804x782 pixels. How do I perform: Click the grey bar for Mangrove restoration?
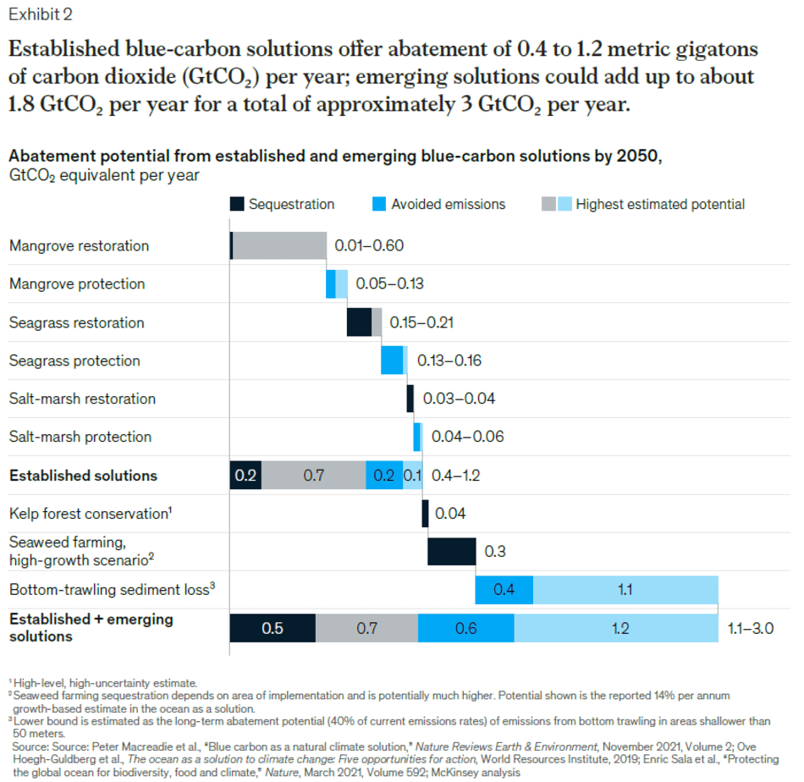[279, 246]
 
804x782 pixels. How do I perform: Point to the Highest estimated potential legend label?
[659, 204]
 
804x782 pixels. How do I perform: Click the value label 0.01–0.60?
[369, 246]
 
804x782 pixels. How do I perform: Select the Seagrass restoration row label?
[77, 322]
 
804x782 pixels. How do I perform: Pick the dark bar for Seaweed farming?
[451, 551]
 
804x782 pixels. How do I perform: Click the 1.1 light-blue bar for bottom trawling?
[625, 590]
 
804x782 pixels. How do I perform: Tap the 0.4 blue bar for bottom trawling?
[504, 590]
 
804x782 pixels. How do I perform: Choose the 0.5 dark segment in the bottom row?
[273, 628]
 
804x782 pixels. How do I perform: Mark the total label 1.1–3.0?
[751, 629]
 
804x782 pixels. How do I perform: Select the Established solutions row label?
[83, 476]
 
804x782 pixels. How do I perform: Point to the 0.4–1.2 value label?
[455, 476]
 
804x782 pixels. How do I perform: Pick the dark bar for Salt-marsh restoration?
[410, 399]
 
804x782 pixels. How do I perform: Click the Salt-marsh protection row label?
[80, 437]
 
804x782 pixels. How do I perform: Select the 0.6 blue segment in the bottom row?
[465, 628]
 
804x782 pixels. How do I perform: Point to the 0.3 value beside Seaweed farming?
[494, 551]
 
